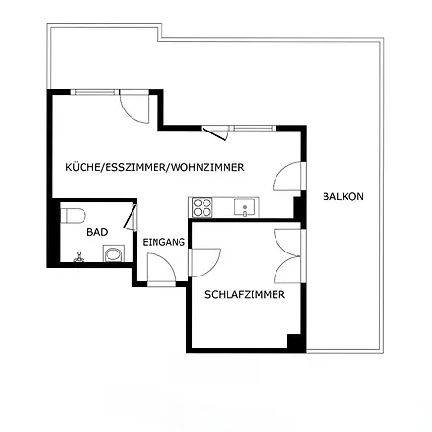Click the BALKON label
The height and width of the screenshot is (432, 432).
tap(343, 196)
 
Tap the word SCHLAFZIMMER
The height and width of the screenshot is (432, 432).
tap(245, 294)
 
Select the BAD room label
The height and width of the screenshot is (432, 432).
tap(97, 232)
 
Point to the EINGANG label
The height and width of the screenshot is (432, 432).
tap(164, 242)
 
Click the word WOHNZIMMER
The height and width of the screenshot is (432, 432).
tap(206, 167)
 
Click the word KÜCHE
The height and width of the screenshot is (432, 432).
tap(83, 167)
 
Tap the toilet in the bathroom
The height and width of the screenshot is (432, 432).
tap(74, 215)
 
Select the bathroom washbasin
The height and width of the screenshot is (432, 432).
tap(113, 254)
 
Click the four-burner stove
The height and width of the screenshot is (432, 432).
tap(203, 207)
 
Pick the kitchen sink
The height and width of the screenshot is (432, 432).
tap(245, 206)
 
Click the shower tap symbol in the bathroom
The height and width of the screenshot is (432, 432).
tap(79, 257)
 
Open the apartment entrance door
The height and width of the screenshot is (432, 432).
tap(161, 269)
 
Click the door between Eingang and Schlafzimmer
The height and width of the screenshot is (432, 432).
tap(204, 262)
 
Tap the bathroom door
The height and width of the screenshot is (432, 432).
tap(131, 218)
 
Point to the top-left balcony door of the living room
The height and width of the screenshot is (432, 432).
tap(134, 108)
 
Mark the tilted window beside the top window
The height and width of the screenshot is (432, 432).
tap(215, 132)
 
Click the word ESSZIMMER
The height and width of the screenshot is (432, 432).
tap(134, 167)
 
